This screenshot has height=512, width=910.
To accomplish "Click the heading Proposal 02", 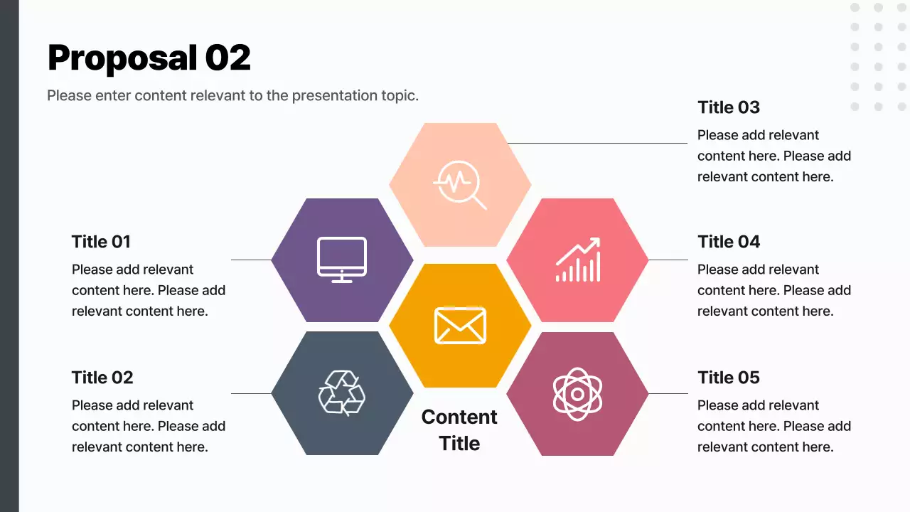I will click(149, 58).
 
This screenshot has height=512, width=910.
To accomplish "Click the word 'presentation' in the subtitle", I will click(336, 95).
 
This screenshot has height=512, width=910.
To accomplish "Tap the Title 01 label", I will click(101, 242).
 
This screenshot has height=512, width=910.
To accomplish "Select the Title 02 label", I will click(102, 378).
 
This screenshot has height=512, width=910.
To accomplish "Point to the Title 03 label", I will click(729, 107).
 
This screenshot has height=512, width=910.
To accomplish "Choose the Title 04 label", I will click(729, 242).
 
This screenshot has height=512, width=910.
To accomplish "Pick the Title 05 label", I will click(729, 378).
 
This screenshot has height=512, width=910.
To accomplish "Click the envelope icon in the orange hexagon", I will click(460, 326).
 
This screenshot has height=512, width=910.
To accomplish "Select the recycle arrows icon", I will click(342, 393).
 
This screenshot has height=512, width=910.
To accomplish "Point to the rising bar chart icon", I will click(578, 260).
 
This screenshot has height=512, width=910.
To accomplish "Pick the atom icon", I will click(577, 393).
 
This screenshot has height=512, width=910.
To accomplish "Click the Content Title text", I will click(459, 430).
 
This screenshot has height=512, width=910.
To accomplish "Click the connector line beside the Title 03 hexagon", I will click(597, 143).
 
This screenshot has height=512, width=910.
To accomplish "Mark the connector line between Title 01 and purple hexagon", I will click(251, 260).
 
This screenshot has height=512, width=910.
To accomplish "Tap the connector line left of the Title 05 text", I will click(668, 393).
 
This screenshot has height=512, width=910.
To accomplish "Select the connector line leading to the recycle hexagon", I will click(251, 393).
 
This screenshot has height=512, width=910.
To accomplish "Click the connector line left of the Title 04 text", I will click(668, 260).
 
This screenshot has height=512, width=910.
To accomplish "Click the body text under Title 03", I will click(773, 156).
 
